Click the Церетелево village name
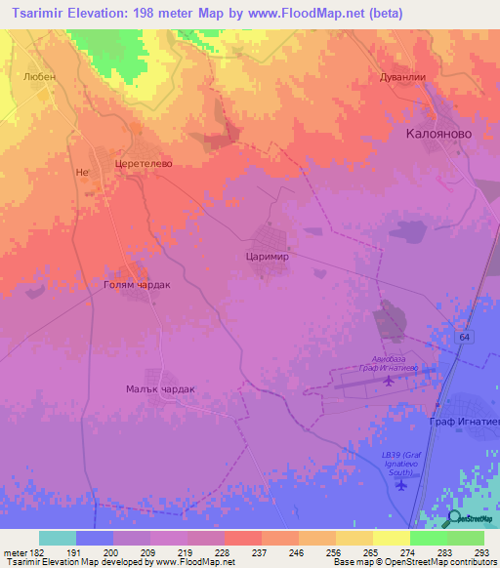point(144,164)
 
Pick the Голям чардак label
point(137,285)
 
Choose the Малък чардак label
point(160,388)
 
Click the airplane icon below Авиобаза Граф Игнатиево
point(391,380)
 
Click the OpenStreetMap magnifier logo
point(454,519)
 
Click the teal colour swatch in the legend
point(57,538)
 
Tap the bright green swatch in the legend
point(428,538)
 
